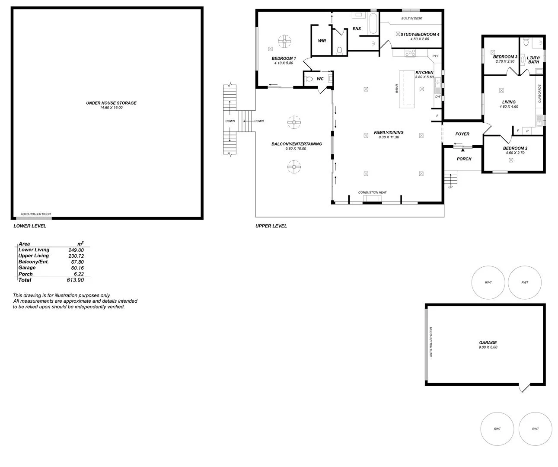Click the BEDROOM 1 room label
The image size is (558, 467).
click(284, 58)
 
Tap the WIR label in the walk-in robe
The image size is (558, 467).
click(322, 41)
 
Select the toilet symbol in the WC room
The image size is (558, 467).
click(309, 79)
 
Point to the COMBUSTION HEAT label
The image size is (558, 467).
click(372, 192)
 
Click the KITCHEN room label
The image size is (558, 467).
click(424, 72)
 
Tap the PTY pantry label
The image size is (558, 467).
click(435, 56)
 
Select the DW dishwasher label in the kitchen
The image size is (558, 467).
click(437, 97)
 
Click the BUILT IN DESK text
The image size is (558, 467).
click(411, 19)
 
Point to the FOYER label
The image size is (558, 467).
click(462, 134)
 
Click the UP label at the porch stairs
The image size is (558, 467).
click(451, 187)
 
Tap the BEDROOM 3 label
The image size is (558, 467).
click(505, 57)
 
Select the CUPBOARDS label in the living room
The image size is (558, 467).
click(539, 93)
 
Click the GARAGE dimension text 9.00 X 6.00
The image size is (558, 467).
click(488, 347)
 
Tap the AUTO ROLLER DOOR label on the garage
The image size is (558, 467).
click(431, 342)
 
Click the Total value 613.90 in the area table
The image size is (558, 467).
click(75, 280)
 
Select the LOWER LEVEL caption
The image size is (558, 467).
click(30, 226)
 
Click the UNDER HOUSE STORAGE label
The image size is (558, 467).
click(111, 103)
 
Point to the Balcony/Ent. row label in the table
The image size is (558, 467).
click(33, 262)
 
